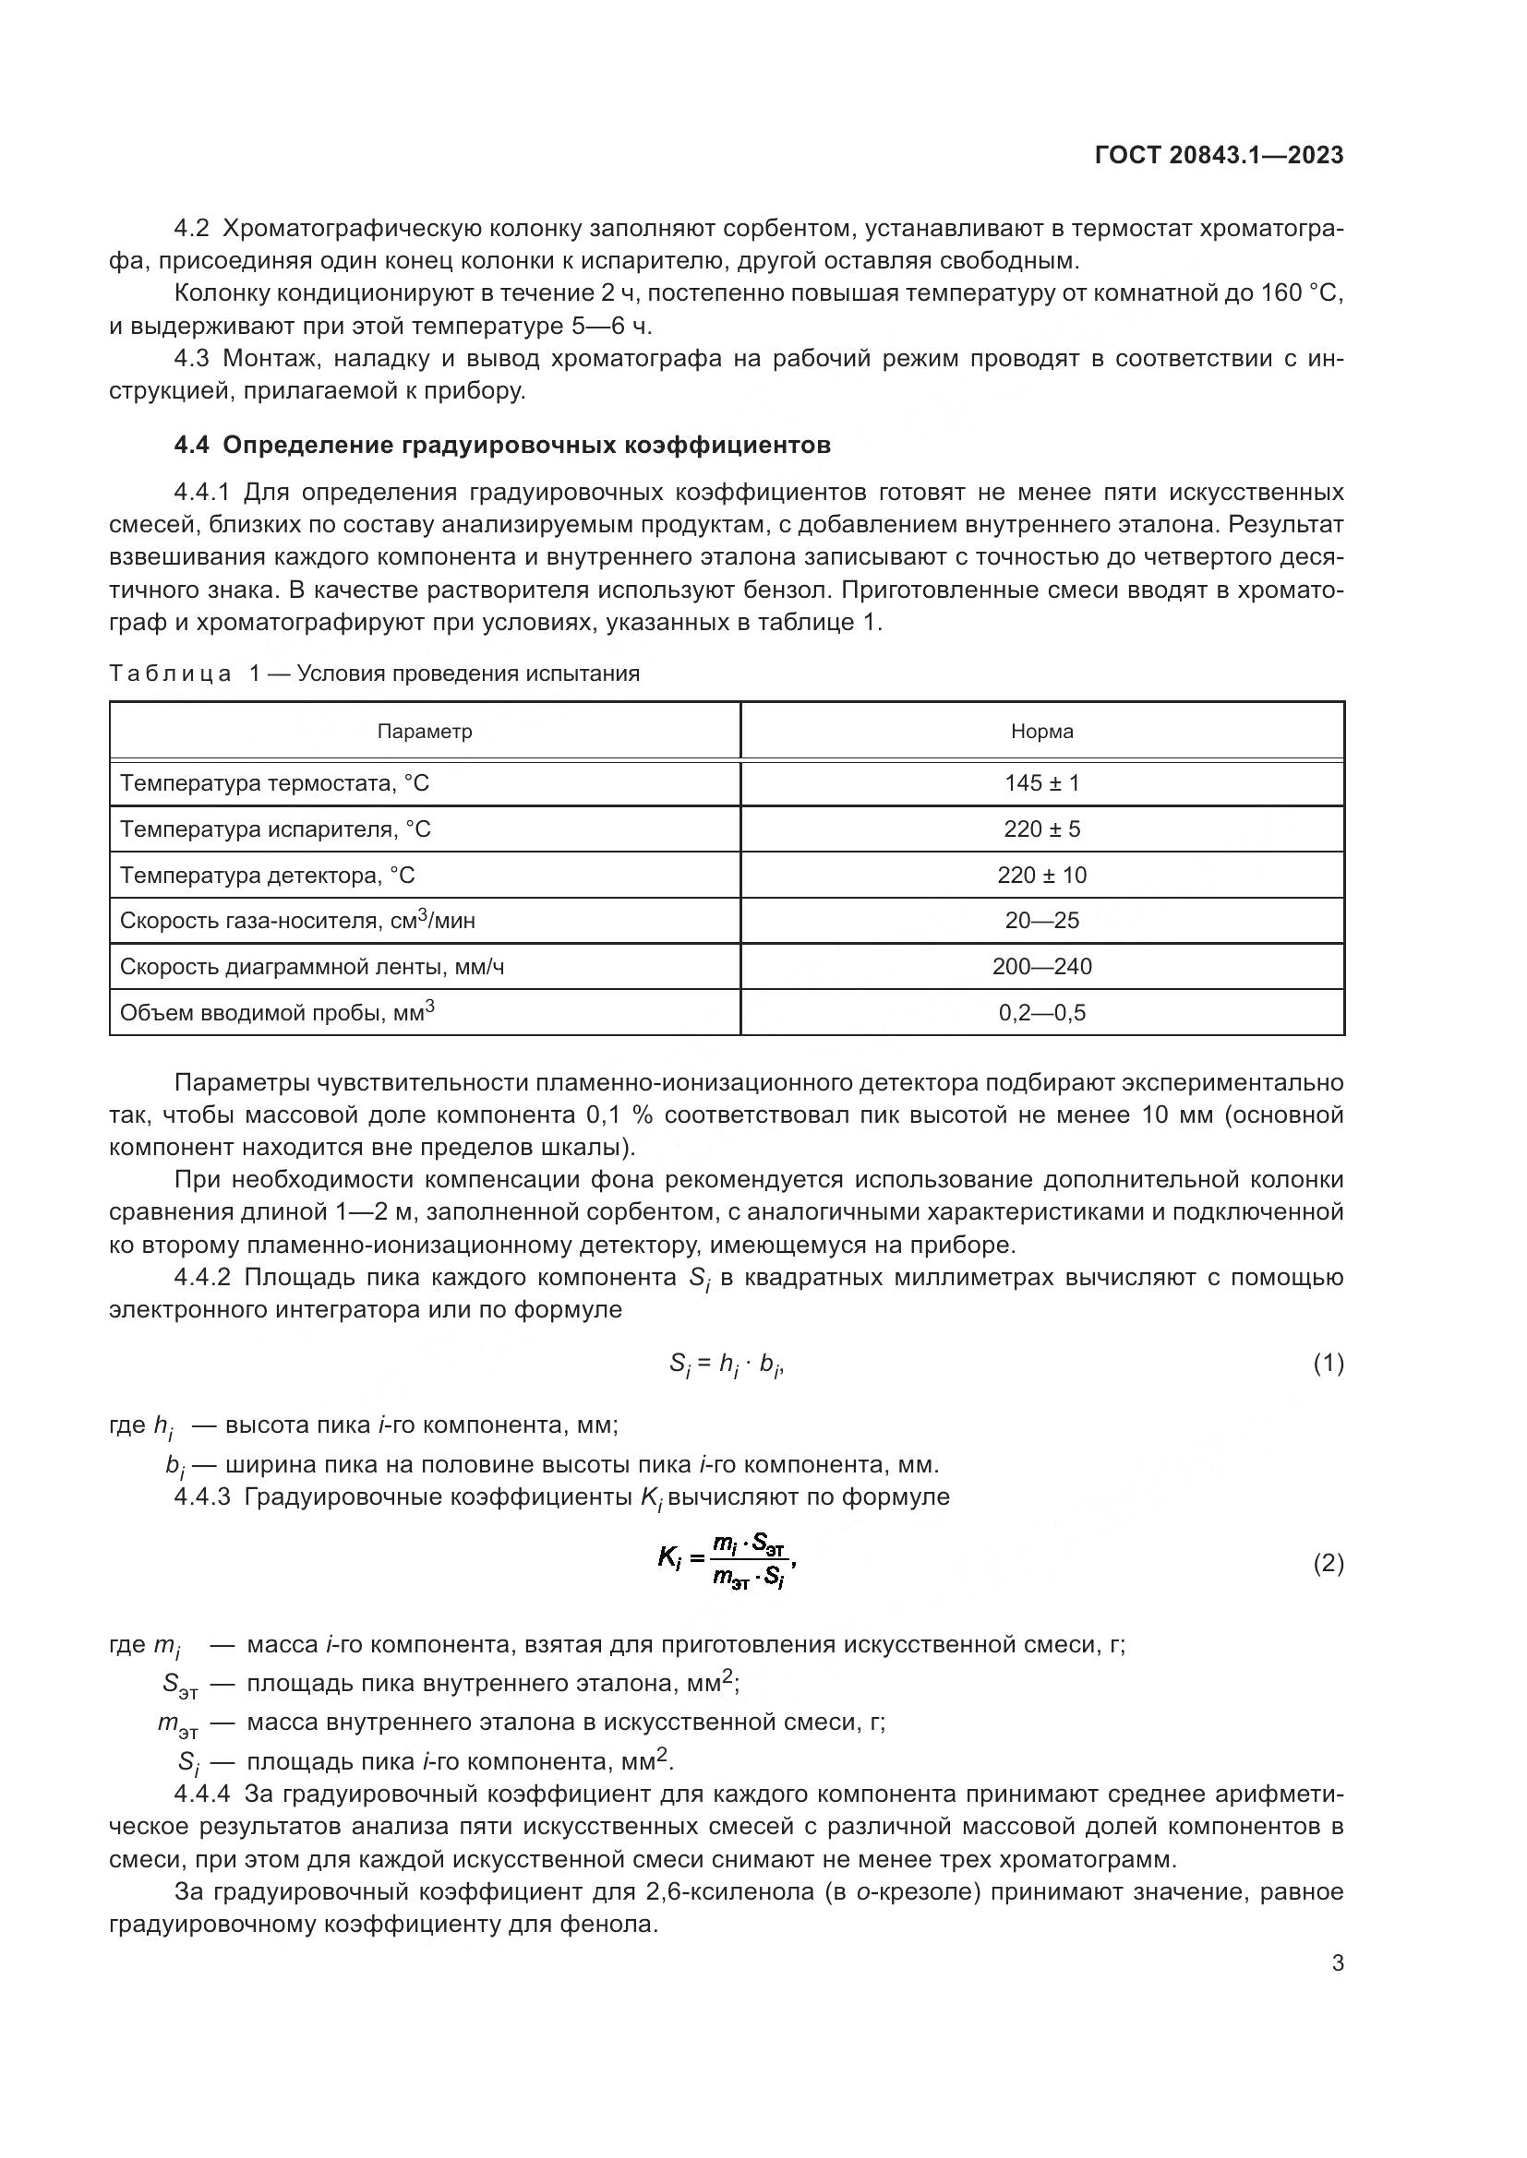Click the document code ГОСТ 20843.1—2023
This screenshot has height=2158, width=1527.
click(x=1219, y=156)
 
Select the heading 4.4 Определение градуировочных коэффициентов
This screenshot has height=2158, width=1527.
click(x=502, y=445)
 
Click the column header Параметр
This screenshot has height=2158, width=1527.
click(x=424, y=732)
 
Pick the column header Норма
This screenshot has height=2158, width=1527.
click(x=1041, y=732)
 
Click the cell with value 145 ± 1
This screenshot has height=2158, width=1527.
click(x=1041, y=783)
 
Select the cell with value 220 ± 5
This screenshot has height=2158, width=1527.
click(x=1041, y=829)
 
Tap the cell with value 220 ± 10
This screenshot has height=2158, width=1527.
click(x=1041, y=875)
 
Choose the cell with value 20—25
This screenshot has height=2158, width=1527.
click(x=1041, y=920)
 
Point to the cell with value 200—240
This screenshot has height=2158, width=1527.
click(x=1041, y=966)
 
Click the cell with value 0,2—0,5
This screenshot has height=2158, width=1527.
click(x=1041, y=1012)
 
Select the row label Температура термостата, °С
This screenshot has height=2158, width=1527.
click(x=274, y=783)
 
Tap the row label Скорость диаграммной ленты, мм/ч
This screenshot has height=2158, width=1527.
click(x=312, y=966)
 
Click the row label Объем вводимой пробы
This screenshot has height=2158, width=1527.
click(x=276, y=1012)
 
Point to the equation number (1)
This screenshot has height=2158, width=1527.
click(x=1328, y=1363)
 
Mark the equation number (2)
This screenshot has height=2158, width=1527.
click(x=1328, y=1564)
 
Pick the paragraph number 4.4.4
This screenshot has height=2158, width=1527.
click(x=201, y=1794)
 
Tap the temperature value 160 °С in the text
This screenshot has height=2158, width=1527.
click(x=1302, y=293)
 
